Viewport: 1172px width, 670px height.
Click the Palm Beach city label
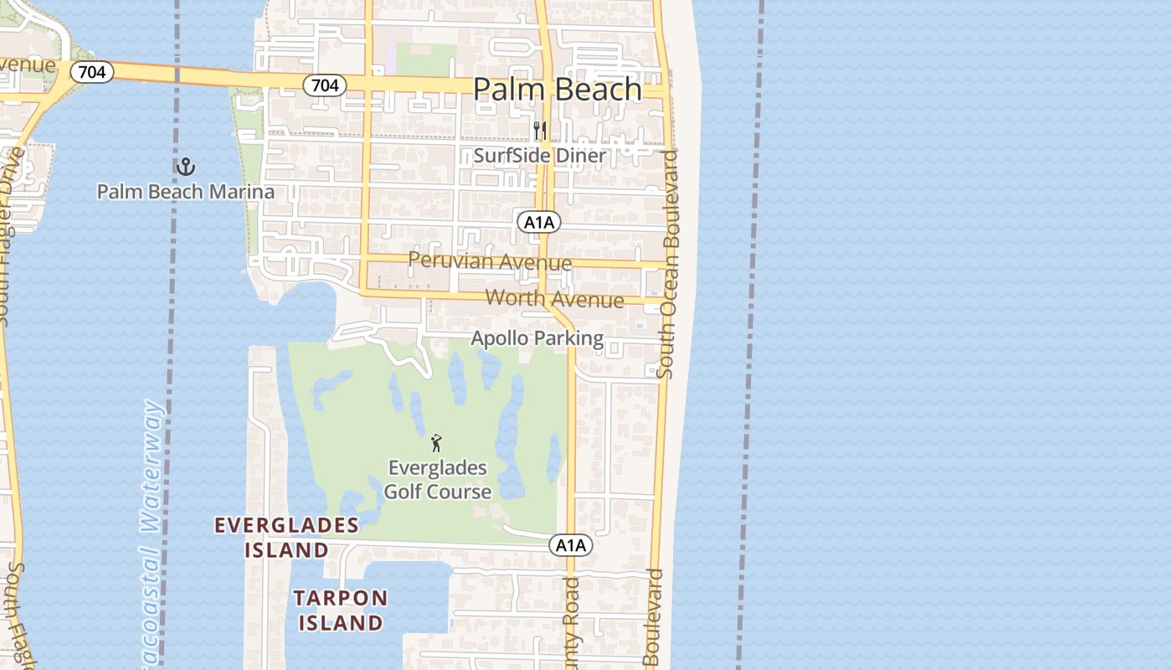[558, 90]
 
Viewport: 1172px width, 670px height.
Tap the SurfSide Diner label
[539, 156]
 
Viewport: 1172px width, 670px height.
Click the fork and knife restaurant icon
[540, 131]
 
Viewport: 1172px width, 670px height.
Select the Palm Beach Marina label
[185, 192]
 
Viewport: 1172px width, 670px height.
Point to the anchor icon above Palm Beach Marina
[185, 167]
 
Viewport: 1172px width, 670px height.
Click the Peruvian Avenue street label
[490, 260]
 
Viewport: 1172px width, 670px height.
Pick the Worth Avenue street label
[554, 299]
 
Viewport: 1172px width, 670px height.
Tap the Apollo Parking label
[537, 338]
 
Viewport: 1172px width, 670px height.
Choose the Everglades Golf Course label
[437, 480]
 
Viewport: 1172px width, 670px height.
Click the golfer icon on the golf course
[435, 443]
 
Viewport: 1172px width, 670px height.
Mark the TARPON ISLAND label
[341, 611]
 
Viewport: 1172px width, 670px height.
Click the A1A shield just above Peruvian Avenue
[538, 222]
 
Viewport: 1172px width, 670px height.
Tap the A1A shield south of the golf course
[571, 546]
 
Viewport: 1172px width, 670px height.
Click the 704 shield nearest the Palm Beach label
[324, 85]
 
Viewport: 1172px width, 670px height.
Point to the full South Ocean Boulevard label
[669, 264]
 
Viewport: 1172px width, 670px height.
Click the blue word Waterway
[153, 466]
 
